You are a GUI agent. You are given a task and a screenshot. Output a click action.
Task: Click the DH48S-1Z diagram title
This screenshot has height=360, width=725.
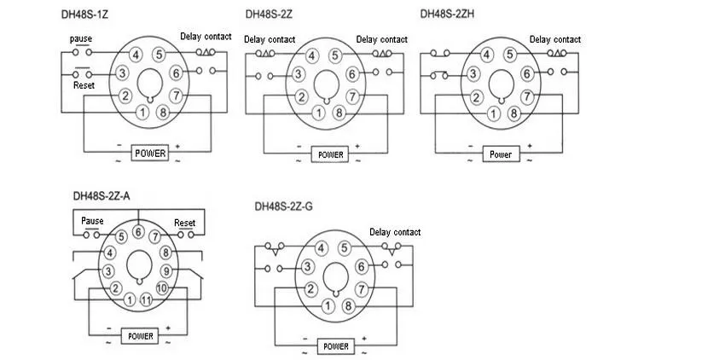(84, 15)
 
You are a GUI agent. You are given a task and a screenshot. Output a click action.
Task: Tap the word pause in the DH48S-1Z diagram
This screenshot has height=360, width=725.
(81, 39)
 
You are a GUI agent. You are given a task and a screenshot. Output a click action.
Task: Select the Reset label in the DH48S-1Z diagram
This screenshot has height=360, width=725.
(84, 85)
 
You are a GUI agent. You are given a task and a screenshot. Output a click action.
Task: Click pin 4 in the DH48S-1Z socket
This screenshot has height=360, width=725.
(135, 55)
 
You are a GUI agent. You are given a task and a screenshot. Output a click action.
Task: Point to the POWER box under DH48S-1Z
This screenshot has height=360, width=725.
(150, 153)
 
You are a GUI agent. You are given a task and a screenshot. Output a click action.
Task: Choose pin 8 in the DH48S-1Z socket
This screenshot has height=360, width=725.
(162, 112)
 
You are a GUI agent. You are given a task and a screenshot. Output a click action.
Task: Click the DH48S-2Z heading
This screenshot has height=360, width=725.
(269, 15)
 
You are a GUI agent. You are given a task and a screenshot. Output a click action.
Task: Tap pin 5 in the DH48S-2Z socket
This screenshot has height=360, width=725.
(335, 56)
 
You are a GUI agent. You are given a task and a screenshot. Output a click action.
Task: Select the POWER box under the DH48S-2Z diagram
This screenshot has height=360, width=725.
(330, 154)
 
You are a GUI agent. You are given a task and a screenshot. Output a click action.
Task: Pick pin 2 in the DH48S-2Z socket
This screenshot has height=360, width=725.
(301, 96)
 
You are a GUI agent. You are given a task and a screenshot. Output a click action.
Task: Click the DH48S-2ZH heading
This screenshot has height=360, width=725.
(447, 14)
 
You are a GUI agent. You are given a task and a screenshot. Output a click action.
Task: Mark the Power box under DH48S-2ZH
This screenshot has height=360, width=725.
(501, 154)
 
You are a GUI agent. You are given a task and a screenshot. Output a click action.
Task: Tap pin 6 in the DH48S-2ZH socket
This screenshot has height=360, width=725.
(527, 73)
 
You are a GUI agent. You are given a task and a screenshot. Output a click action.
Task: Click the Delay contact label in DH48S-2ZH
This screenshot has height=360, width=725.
(555, 39)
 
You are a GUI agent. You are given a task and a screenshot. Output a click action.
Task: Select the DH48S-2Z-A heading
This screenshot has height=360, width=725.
(101, 195)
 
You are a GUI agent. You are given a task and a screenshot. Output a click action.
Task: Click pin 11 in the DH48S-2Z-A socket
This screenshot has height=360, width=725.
(146, 299)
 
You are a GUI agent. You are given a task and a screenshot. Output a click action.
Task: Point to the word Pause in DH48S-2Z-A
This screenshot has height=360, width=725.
(92, 221)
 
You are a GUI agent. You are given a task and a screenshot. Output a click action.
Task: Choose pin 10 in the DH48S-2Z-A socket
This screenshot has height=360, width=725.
(162, 287)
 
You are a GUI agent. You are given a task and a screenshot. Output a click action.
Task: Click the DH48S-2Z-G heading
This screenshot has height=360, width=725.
(284, 206)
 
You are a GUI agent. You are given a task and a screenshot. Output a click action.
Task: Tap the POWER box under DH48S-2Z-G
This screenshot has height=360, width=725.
(336, 346)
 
